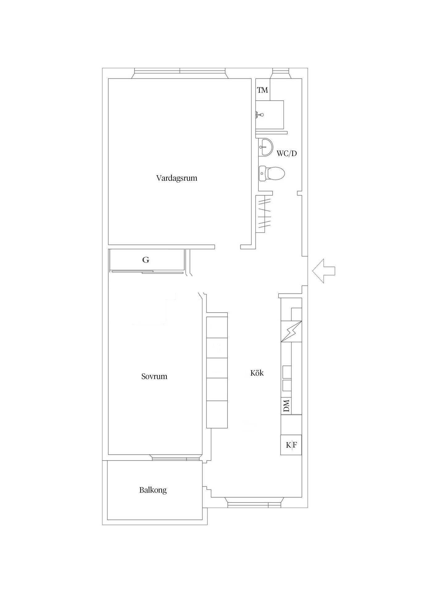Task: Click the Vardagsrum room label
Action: tap(177, 178)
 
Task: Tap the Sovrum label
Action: tap(154, 376)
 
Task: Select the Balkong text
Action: tap(153, 490)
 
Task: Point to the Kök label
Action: tap(257, 373)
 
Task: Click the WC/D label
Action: tap(287, 154)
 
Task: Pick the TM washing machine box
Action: tap(263, 90)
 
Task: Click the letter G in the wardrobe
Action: tap(146, 260)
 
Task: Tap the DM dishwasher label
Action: tap(286, 406)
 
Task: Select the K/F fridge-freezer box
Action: tap(291, 445)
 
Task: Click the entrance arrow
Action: tap(323, 271)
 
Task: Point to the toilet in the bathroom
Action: tap(271, 173)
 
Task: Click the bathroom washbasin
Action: tap(265, 147)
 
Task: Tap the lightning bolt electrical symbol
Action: tap(291, 331)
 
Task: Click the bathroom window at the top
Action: tap(280, 74)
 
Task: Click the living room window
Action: tap(180, 73)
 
